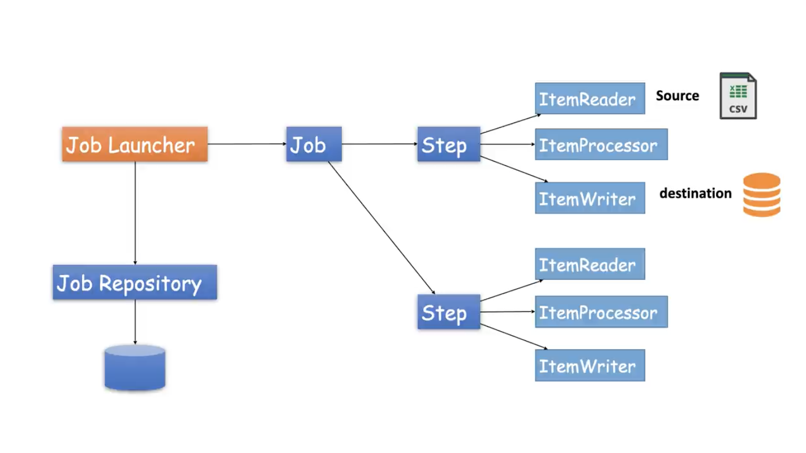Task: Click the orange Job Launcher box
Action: (135, 144)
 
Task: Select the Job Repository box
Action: (135, 282)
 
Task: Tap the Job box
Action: (314, 144)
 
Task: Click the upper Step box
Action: (448, 144)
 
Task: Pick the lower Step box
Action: (448, 312)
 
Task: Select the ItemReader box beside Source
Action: (590, 99)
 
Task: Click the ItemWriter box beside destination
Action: (590, 198)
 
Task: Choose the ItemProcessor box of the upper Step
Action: (601, 144)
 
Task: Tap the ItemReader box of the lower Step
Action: (590, 264)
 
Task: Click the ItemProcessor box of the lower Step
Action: (601, 312)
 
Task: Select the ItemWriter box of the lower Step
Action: (590, 365)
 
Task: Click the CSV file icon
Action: (738, 96)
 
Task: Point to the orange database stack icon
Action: (761, 194)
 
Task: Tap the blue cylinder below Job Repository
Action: (135, 367)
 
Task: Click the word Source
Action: (677, 96)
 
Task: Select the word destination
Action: (695, 194)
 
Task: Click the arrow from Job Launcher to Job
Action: (247, 144)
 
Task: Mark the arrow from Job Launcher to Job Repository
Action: (135, 213)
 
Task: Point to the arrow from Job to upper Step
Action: (379, 144)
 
